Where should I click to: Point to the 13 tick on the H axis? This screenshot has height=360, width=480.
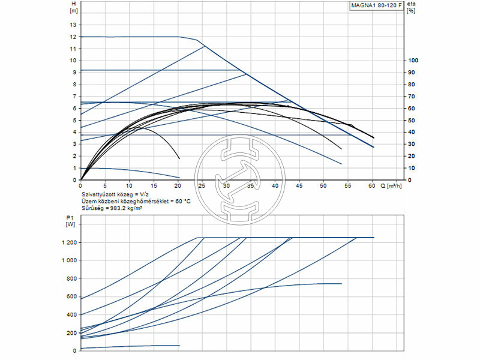(x=74, y=25)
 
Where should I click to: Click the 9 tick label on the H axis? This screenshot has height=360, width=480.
(x=74, y=73)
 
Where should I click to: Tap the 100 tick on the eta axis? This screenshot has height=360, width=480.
(x=412, y=61)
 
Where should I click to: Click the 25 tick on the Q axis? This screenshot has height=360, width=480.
(x=202, y=186)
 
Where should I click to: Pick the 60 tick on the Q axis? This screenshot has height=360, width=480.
(x=372, y=186)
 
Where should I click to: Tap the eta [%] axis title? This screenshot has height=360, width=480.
(x=410, y=7)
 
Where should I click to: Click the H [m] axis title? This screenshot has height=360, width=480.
(x=74, y=7)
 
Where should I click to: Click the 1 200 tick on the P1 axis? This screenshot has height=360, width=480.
(x=69, y=242)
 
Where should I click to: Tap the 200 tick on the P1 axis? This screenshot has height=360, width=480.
(x=71, y=332)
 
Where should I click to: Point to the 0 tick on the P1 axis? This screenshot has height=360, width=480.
(x=74, y=350)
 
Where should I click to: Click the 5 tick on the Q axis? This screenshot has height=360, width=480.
(x=105, y=186)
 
